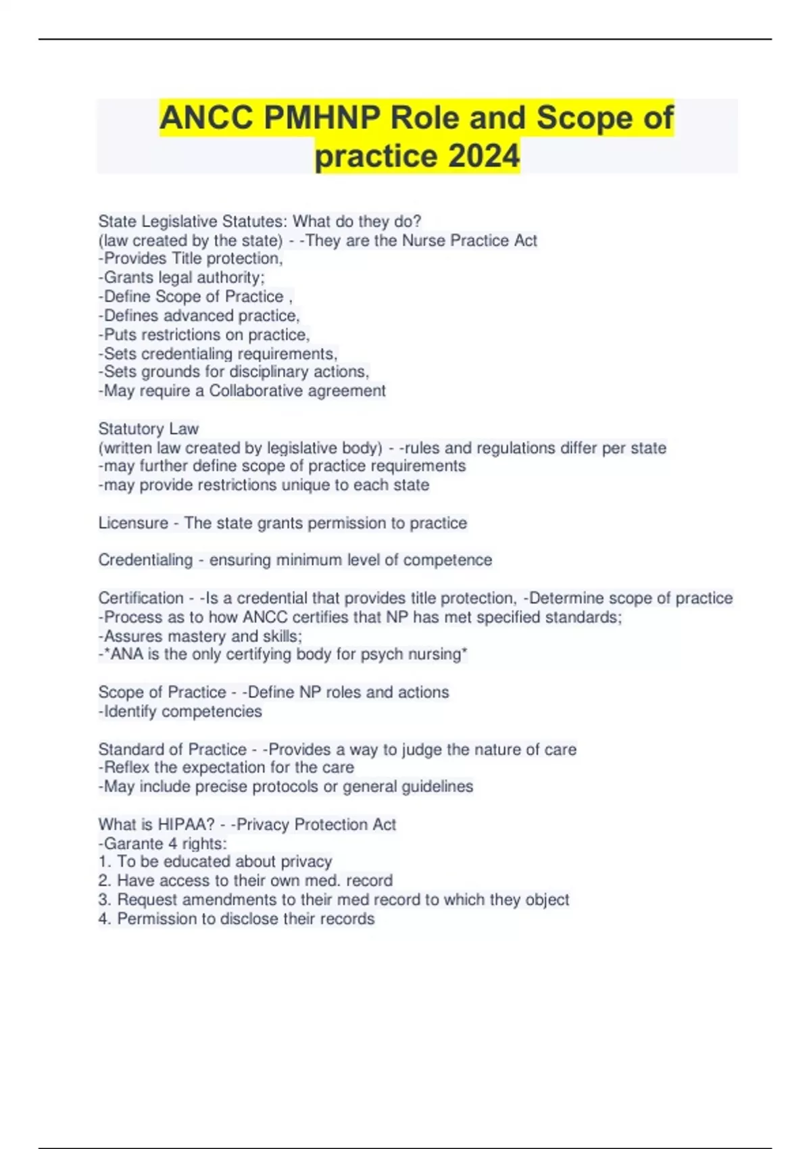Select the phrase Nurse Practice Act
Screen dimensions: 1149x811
pyautogui.click(x=469, y=240)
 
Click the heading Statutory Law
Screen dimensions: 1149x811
pyautogui.click(x=148, y=429)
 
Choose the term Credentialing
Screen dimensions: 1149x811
pyautogui.click(x=145, y=560)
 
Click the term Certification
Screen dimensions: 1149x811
pyautogui.click(x=141, y=598)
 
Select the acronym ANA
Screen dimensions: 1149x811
pyautogui.click(x=126, y=654)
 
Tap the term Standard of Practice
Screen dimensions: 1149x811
pyautogui.click(x=172, y=749)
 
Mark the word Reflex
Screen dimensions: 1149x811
pyautogui.click(x=126, y=767)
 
